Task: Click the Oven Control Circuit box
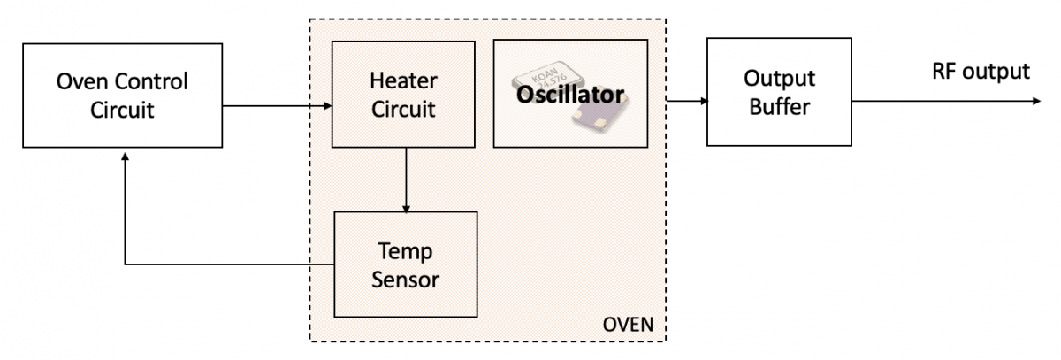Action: (x=123, y=96)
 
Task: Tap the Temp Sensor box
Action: (x=406, y=264)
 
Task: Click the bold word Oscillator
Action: (x=571, y=95)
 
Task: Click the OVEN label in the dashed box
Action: (x=628, y=324)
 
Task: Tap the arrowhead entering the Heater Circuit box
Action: (x=327, y=107)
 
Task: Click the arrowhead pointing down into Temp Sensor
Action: (x=406, y=207)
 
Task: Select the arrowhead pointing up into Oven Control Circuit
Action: (x=126, y=155)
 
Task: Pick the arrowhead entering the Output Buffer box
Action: (x=702, y=100)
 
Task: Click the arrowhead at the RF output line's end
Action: (x=1037, y=100)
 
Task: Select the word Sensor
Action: (x=406, y=280)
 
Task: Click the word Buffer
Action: (x=778, y=108)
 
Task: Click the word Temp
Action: (x=406, y=251)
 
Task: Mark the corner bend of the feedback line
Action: (x=126, y=264)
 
